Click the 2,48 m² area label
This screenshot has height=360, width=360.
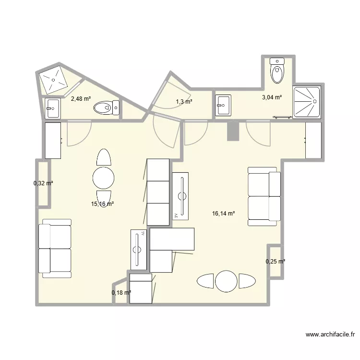[81, 99]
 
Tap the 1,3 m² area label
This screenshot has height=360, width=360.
[184, 102]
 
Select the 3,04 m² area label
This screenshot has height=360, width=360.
[272, 97]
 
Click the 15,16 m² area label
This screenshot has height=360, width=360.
[102, 204]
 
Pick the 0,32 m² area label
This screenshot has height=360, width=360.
[43, 183]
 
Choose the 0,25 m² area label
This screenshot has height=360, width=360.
[275, 262]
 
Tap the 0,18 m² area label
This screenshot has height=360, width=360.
[121, 292]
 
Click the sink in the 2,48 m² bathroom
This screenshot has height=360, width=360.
[53, 108]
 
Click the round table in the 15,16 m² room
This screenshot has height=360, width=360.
[103, 178]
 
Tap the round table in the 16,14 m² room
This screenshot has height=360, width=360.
[226, 281]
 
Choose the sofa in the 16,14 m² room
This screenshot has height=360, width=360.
[264, 196]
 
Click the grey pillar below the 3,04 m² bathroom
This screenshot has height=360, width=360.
[232, 131]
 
